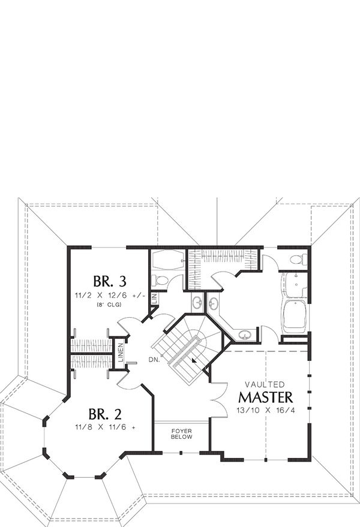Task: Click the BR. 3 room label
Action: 109,281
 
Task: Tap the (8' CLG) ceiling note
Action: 108,305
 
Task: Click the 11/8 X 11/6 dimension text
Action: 105,428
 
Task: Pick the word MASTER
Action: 266,397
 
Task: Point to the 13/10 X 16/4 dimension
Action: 266,410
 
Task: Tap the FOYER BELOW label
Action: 181,433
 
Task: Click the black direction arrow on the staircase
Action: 192,360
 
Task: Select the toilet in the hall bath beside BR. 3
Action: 160,280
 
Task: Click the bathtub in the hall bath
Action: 166,260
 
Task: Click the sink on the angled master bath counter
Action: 244,335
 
